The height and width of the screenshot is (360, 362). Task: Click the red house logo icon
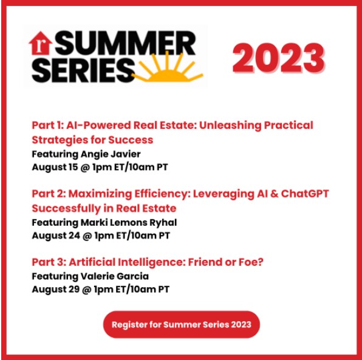[41, 43]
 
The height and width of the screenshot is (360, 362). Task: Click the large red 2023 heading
[279, 58]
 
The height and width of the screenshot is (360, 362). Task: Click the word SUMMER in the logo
[125, 43]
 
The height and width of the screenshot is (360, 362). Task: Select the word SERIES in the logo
[83, 70]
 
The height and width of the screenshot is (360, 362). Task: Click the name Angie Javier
[111, 154]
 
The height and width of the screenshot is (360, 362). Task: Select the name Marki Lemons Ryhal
[129, 223]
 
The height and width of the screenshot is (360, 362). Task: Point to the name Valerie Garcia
[115, 276]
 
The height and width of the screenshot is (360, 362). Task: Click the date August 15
[55, 168]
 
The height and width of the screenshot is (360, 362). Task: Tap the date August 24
[56, 236]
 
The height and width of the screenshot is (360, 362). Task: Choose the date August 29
[56, 290]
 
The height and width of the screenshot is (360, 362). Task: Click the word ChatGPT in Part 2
[305, 194]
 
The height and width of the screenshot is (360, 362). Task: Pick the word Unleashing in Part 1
[230, 125]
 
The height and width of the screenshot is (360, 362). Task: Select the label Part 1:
[47, 125]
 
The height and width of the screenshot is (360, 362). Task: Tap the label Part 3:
[49, 262]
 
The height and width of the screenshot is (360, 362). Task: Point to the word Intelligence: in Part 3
[152, 263]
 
